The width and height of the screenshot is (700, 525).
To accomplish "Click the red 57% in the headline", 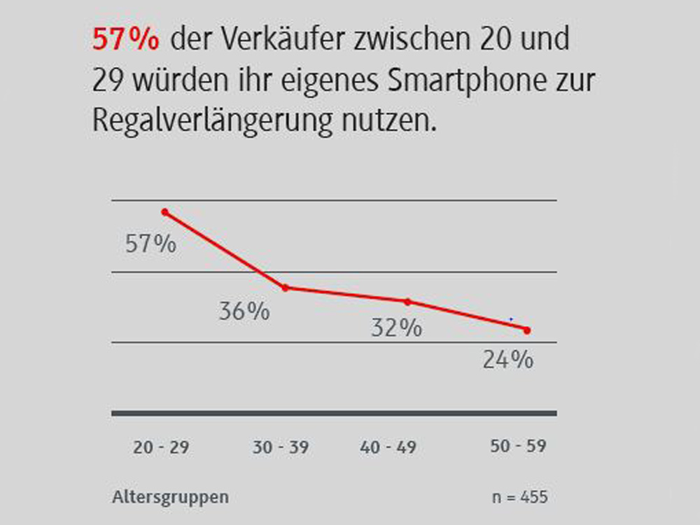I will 126,41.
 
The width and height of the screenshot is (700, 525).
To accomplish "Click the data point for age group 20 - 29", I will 165,211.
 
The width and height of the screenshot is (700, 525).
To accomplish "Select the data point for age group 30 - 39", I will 285,288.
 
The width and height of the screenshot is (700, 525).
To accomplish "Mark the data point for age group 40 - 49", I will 407,302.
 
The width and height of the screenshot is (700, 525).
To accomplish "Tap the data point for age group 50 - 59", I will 527,330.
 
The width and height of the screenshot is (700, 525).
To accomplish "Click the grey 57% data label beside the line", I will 150,244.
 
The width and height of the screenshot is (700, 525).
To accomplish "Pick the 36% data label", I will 244,311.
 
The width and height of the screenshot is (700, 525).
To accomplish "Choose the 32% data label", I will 396,328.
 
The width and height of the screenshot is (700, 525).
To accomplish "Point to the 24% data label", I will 508,360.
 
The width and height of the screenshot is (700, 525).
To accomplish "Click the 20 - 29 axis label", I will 161,447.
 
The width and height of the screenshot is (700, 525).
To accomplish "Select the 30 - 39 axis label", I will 280,447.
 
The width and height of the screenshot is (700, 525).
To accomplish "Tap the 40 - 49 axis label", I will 388,447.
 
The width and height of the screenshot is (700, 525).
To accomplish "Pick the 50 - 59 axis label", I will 517,446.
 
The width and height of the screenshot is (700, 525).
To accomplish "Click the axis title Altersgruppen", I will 170,498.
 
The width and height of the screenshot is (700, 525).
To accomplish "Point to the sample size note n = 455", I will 520,498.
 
